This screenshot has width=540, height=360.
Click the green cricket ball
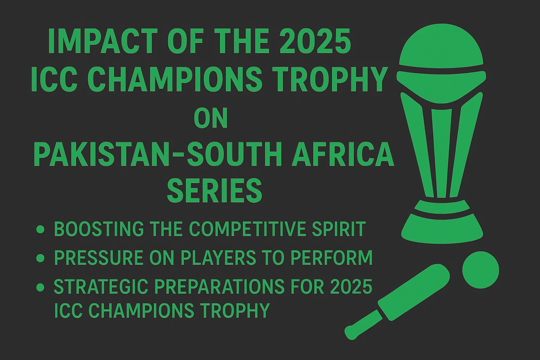coord(481,270)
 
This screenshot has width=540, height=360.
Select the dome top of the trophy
coord(441,47)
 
